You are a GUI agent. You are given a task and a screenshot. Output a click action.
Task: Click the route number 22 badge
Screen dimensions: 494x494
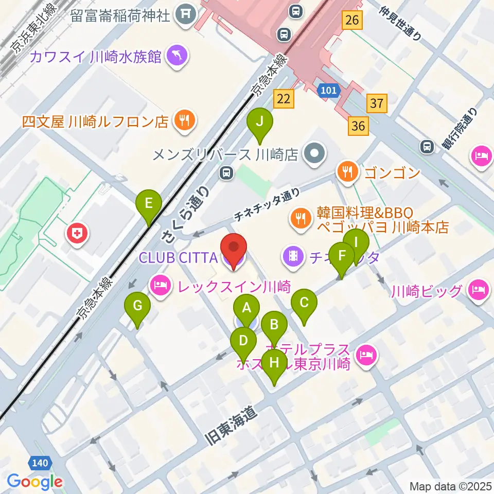click(284, 99)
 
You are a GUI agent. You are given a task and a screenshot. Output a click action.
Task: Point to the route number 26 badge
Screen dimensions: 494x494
click(352, 21)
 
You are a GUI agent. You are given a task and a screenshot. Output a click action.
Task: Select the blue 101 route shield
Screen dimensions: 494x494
click(328, 91)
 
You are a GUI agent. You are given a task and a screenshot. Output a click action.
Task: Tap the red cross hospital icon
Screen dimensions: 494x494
click(78, 235)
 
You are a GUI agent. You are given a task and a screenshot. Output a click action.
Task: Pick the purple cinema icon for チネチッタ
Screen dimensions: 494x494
click(293, 256)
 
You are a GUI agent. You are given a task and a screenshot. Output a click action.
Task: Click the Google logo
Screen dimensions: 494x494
click(35, 482)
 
